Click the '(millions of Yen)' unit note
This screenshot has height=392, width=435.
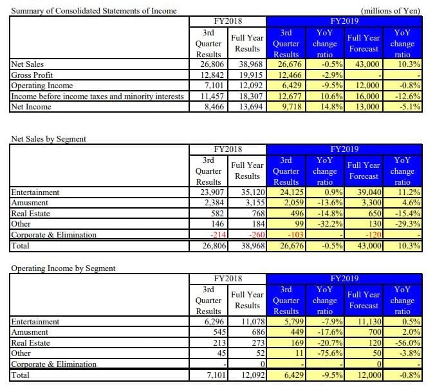click(x=391, y=11)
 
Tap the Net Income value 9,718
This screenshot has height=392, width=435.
click(x=291, y=106)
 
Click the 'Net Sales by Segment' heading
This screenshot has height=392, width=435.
click(x=49, y=138)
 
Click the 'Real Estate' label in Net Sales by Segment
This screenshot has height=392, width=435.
click(x=29, y=214)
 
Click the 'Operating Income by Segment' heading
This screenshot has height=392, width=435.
click(x=62, y=268)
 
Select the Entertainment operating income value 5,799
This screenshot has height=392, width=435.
click(x=291, y=321)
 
